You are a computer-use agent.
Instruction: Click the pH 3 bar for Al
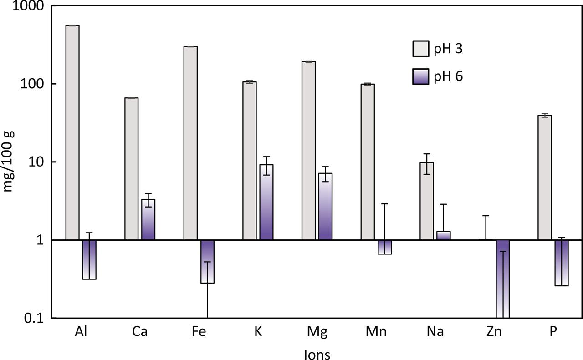tap(72, 132)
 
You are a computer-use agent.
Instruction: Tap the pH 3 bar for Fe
tap(190, 143)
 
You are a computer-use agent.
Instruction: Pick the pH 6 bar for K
tap(266, 202)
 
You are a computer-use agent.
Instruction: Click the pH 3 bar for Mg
tap(308, 150)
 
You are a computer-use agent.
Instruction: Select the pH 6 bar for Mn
tap(385, 247)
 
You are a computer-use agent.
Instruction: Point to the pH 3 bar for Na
tap(427, 201)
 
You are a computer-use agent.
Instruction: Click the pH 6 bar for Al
tap(89, 259)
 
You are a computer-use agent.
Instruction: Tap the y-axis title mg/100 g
tap(10, 162)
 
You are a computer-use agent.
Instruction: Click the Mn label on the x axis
tap(376, 331)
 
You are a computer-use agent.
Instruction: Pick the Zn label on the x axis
tap(494, 331)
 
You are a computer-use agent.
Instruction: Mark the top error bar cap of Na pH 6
tap(444, 204)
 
